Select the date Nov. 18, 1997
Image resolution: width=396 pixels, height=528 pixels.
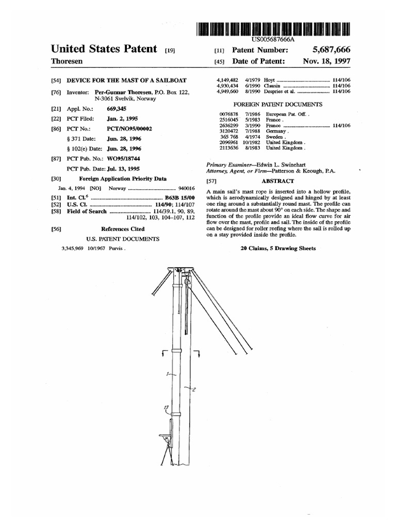click(x=327, y=61)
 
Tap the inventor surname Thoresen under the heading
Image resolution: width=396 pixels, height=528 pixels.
click(x=67, y=61)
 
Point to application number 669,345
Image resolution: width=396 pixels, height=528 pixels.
click(x=117, y=109)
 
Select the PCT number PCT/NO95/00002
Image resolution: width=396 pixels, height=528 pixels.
click(x=129, y=128)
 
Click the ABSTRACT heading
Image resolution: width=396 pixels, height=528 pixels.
click(x=277, y=181)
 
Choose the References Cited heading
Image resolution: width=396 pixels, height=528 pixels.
click(x=123, y=229)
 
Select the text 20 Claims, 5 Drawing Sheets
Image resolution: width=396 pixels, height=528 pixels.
click(x=278, y=248)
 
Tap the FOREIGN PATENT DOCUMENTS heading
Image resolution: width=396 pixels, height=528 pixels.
click(x=278, y=104)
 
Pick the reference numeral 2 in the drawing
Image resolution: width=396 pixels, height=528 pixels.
click(x=193, y=390)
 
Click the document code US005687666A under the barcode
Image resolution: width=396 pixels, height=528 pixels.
click(x=273, y=39)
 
